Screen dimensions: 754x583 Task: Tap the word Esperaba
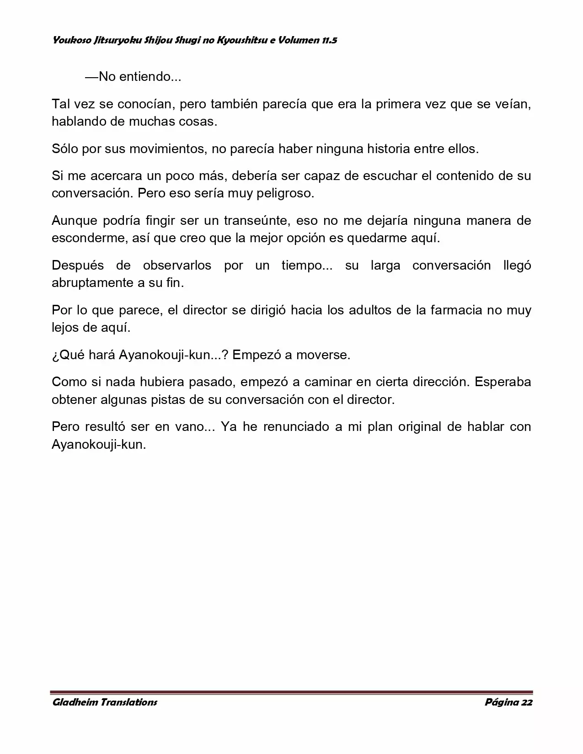[x=503, y=382]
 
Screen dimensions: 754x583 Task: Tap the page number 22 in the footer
[x=526, y=702]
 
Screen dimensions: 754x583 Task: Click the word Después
[x=78, y=265]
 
